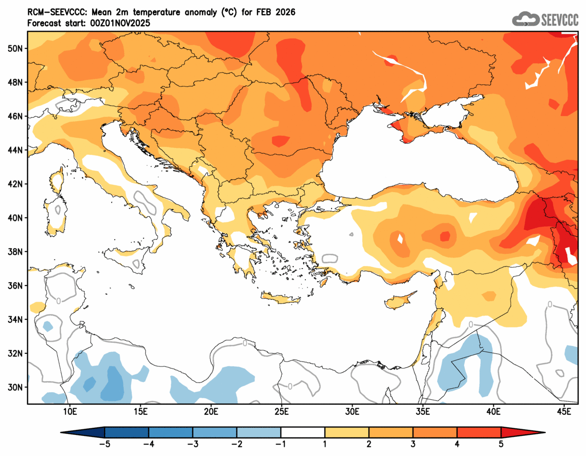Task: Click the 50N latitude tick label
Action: pos(17,48)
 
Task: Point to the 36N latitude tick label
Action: pos(17,286)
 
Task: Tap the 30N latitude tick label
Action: pos(17,387)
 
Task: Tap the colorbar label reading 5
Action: pos(501,444)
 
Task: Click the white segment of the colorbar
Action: pos(303,432)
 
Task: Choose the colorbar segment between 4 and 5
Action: pos(479,432)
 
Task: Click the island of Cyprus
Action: pos(401,300)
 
